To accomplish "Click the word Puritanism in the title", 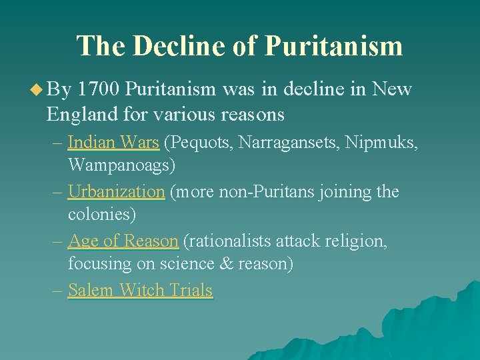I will point(333,45).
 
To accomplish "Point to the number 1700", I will point(99,89).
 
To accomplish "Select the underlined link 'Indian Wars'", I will point(113,142).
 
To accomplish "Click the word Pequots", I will point(200,142).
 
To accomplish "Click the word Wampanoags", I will point(121,164).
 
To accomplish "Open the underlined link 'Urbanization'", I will point(116,192).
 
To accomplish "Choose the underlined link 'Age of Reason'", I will point(123,241).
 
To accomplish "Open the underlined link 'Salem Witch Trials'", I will point(140,290).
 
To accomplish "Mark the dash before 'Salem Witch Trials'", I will point(59,290).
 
